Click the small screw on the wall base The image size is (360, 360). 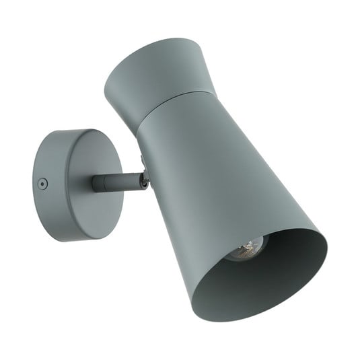[x=42, y=184]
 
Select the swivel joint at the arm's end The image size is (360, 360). [x=143, y=179]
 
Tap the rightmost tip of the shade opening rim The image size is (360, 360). [x=327, y=242]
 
